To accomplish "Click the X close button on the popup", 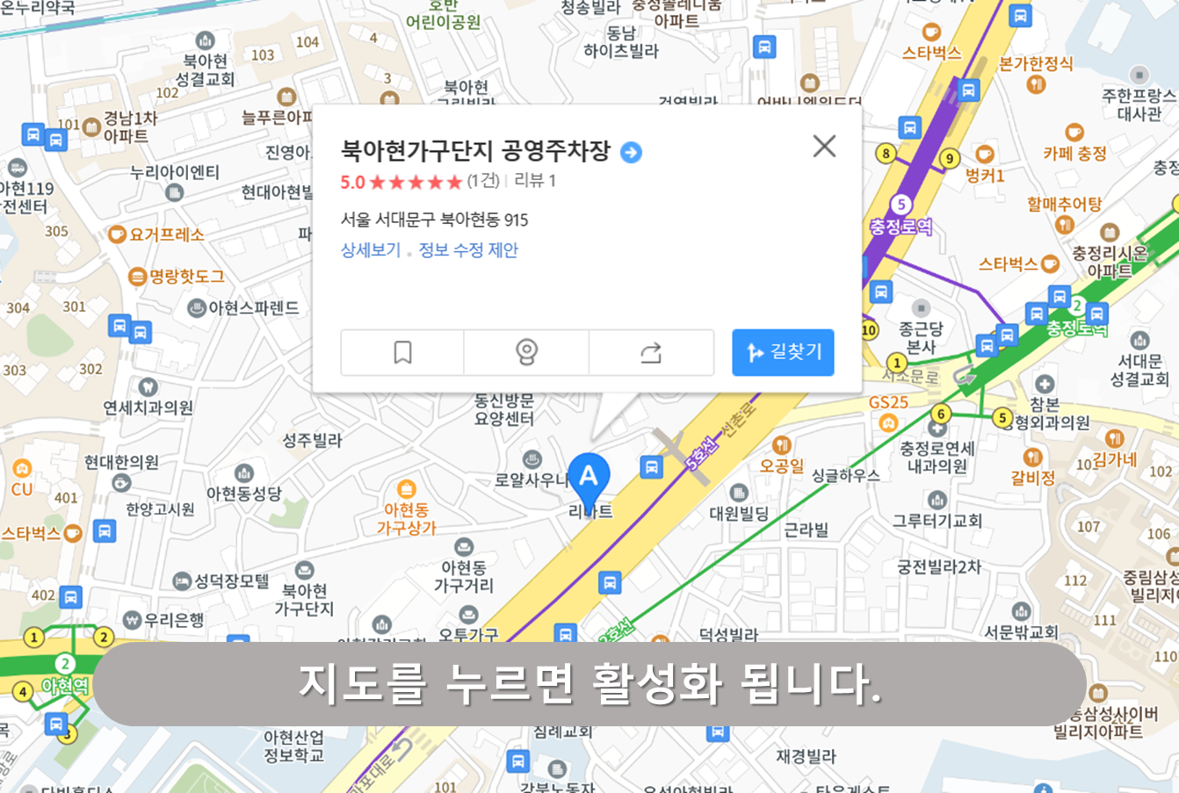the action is pyautogui.click(x=824, y=146).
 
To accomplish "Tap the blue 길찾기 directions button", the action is pyautogui.click(x=783, y=352).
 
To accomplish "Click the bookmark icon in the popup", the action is pyautogui.click(x=402, y=352).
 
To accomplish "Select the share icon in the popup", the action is pyautogui.click(x=651, y=352).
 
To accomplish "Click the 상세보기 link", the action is pyautogui.click(x=370, y=250).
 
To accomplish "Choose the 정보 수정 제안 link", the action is pyautogui.click(x=468, y=250).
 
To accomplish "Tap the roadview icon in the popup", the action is pyautogui.click(x=526, y=352).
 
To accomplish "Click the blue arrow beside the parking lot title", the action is pyautogui.click(x=631, y=153).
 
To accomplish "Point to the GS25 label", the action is pyautogui.click(x=888, y=403).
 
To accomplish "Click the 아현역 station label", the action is pyautogui.click(x=65, y=686).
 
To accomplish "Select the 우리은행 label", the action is pyautogui.click(x=174, y=620).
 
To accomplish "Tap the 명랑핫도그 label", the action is pyautogui.click(x=186, y=277).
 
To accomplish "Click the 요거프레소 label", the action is pyautogui.click(x=166, y=234).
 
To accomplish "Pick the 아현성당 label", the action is pyautogui.click(x=243, y=494).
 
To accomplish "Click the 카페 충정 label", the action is pyautogui.click(x=1074, y=154).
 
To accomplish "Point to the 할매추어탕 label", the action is pyautogui.click(x=1064, y=205).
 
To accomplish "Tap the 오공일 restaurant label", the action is pyautogui.click(x=781, y=465).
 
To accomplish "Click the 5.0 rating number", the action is pyautogui.click(x=352, y=182).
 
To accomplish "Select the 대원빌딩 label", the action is pyautogui.click(x=739, y=514).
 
